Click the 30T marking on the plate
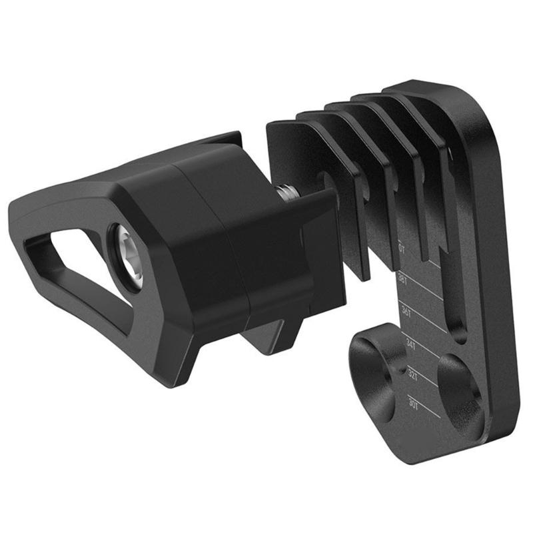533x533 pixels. [414, 402]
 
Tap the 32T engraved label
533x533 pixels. [413, 374]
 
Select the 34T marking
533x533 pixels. [409, 344]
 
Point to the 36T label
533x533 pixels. [405, 312]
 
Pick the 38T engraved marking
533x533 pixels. [402, 280]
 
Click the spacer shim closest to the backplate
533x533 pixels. [426, 167]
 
